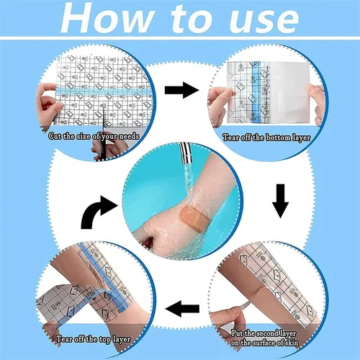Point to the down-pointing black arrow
pos(281,204)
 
